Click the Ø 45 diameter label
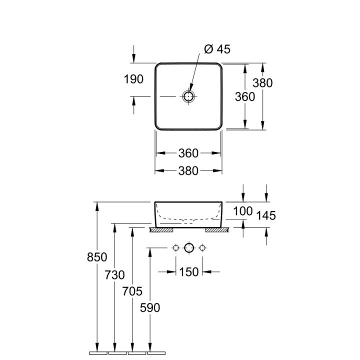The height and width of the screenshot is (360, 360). (x=217, y=49)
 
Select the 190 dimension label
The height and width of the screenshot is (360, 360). (x=133, y=79)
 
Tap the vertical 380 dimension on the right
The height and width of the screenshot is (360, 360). (x=262, y=83)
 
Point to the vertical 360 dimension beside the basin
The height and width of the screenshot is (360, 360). (x=245, y=97)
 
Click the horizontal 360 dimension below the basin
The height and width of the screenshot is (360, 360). (x=188, y=153)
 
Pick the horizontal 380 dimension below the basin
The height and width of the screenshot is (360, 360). (x=188, y=171)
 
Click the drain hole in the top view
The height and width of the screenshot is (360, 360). (x=188, y=96)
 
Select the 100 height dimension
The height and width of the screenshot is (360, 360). (x=243, y=211)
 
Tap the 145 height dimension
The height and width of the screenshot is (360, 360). (x=266, y=215)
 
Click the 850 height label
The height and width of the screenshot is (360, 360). (x=97, y=257)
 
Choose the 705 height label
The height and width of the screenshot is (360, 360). (x=132, y=291)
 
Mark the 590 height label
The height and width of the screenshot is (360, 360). (x=150, y=307)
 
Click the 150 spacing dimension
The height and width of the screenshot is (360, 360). (x=188, y=272)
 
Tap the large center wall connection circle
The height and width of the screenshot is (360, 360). (x=188, y=247)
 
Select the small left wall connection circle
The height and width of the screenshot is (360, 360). (x=175, y=247)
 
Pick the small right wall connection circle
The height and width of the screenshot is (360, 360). (x=202, y=247)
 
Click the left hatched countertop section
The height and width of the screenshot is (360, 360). (x=160, y=230)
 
